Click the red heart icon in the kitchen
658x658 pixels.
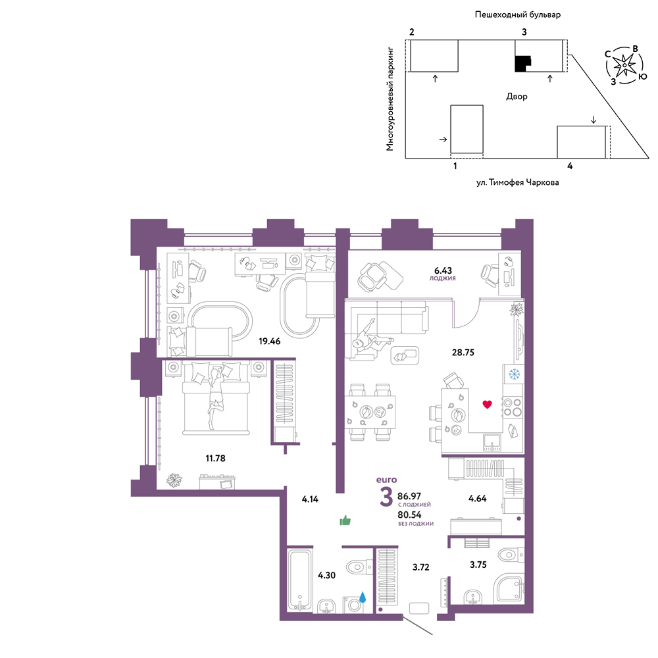click(x=487, y=405)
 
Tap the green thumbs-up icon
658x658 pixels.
click(x=345, y=520)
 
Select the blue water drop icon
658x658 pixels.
click(x=363, y=597)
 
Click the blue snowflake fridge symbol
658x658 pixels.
click(x=514, y=374)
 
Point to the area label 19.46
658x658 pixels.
click(x=269, y=341)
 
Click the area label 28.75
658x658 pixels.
click(x=463, y=353)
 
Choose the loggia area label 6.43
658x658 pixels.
click(x=443, y=270)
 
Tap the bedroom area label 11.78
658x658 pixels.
click(x=215, y=458)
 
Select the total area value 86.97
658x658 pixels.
click(x=409, y=496)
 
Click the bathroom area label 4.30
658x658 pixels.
click(x=326, y=575)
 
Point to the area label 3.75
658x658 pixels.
click(x=478, y=565)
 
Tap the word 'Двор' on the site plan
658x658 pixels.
click(x=517, y=97)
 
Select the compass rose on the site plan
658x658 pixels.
click(x=624, y=65)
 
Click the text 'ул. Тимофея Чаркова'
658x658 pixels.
click(x=517, y=182)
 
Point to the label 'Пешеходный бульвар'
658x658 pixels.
click(x=517, y=14)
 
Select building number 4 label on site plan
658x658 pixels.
click(x=569, y=166)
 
